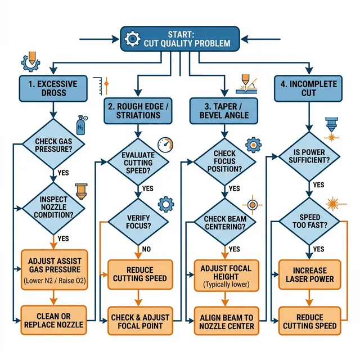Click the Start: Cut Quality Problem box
179,38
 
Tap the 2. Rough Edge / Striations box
137,110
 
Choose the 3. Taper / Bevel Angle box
224,110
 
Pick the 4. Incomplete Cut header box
308,88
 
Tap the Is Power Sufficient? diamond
309,156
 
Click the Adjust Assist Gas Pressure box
55,269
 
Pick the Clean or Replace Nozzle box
55,320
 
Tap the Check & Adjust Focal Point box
140,321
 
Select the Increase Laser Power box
310,274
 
